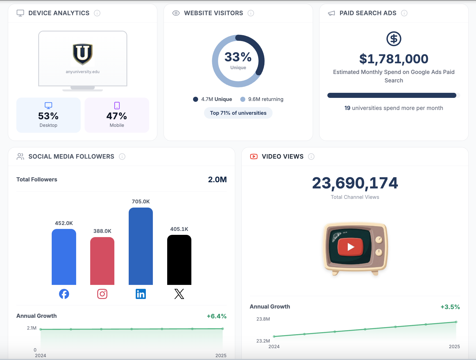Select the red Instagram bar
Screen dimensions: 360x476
tap(102, 261)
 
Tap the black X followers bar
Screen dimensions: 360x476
tap(179, 260)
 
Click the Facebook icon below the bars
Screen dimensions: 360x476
tap(64, 294)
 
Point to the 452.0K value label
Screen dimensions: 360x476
tap(64, 223)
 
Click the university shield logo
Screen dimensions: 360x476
tap(83, 54)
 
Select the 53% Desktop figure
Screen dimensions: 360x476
tap(48, 116)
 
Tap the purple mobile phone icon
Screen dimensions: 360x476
tap(117, 105)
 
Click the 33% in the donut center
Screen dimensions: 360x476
tap(238, 57)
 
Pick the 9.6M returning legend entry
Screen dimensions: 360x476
tap(262, 99)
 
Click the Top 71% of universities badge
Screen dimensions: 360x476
tap(238, 113)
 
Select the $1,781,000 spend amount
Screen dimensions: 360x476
tap(394, 59)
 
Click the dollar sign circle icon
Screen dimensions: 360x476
tap(394, 39)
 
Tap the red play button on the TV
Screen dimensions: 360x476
tap(350, 247)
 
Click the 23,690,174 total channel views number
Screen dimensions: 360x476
tap(355, 183)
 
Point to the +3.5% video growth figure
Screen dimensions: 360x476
tap(450, 307)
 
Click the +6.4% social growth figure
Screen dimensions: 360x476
tap(217, 316)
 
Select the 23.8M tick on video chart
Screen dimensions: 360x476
tap(263, 319)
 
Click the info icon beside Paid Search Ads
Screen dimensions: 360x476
tap(404, 13)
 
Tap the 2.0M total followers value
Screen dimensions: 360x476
tap(217, 179)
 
